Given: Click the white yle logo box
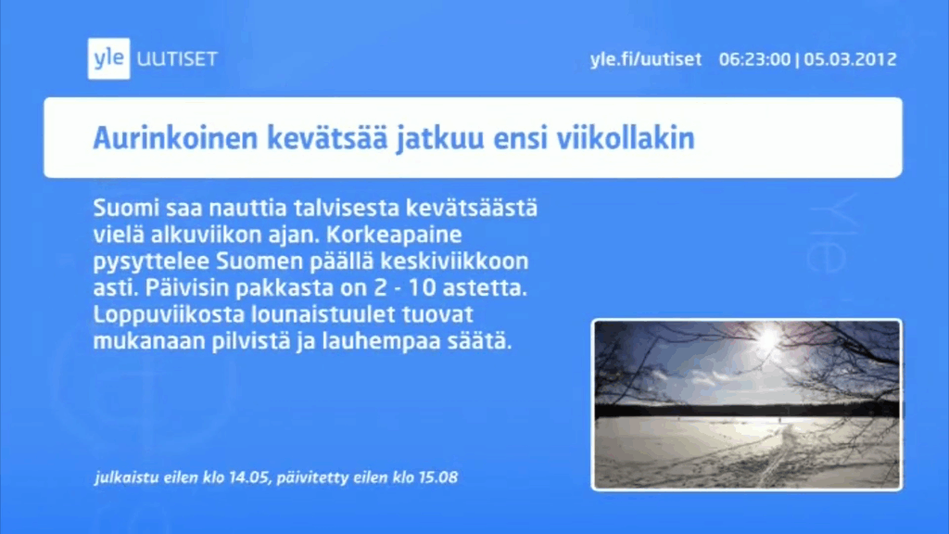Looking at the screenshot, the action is [109, 58].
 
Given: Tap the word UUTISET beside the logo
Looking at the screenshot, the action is [177, 59].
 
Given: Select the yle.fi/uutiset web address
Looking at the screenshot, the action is [646, 59].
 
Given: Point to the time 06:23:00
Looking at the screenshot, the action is [754, 59].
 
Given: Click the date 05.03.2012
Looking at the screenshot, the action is [851, 59].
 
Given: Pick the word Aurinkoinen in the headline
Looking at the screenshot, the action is [175, 138].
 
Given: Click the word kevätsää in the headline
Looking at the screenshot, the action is [327, 138].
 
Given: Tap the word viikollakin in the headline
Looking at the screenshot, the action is [626, 138].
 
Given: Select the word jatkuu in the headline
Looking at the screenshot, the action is [440, 139].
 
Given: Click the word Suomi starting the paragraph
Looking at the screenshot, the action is [126, 209].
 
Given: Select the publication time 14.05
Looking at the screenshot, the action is [248, 477].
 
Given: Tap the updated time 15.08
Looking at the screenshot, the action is [437, 477].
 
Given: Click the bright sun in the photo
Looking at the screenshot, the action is [767, 337].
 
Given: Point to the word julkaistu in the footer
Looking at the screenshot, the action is [126, 478].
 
